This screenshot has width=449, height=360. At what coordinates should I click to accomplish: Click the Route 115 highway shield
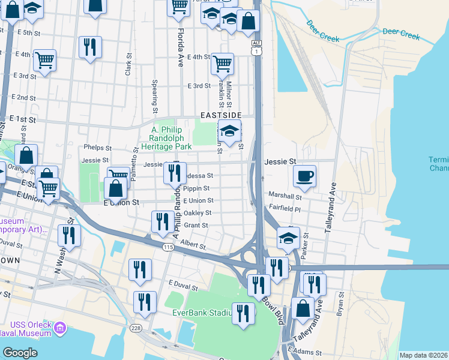[x=168, y=247]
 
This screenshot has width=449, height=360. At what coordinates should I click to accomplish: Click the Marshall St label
[x=285, y=196]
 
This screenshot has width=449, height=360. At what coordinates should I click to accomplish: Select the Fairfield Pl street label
[x=286, y=208]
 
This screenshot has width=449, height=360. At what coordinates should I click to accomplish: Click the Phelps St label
[x=98, y=147]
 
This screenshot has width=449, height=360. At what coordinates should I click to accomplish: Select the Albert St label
[x=193, y=245]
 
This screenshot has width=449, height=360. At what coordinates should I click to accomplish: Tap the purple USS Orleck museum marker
[x=60, y=328]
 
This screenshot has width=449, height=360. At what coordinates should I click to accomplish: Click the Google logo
[x=20, y=353]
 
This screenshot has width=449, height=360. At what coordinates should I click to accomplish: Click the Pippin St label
[x=197, y=188]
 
